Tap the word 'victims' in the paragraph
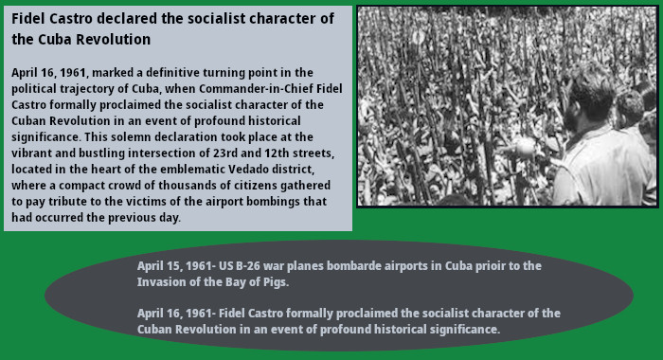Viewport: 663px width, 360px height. (144, 202)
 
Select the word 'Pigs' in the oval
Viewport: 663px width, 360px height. (272, 282)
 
